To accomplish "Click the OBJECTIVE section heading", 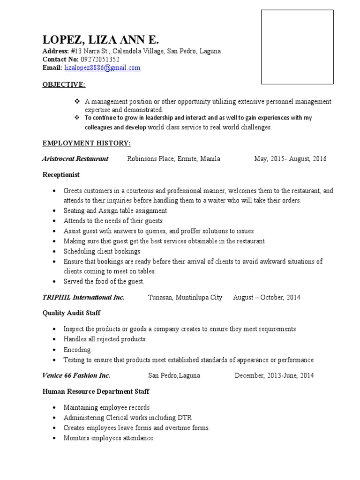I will point(64,84).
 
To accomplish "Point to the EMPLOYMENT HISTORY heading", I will point(87,142).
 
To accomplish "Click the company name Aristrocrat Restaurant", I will point(75,159).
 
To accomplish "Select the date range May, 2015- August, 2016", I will point(290,159).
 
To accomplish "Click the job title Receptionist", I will point(61,175).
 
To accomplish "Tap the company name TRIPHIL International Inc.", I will point(83,298).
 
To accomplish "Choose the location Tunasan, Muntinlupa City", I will point(185,298).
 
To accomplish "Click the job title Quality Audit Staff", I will point(71,313).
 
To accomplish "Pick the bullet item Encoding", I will point(78,350).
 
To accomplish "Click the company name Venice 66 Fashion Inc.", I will point(76,375).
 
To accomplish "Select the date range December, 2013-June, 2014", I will point(274,375).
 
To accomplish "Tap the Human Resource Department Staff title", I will point(96,391).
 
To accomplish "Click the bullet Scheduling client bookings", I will point(102,251).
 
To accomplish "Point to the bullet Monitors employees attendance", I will point(109,438).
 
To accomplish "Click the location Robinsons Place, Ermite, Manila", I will point(173,159).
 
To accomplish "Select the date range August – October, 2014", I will point(267,298).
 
